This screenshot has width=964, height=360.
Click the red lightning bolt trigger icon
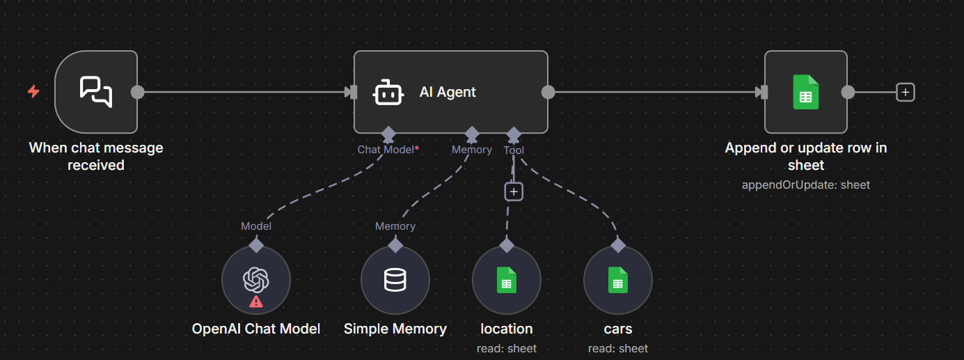(x=33, y=91)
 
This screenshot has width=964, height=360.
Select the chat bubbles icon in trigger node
(x=96, y=92)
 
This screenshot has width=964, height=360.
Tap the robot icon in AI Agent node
(x=388, y=92)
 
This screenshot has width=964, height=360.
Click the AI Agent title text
(x=448, y=92)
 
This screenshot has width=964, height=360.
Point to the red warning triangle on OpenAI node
(x=256, y=302)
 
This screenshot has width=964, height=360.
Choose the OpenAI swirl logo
(x=255, y=280)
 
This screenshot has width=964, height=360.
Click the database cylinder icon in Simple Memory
(x=395, y=280)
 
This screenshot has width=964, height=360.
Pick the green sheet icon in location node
(x=507, y=280)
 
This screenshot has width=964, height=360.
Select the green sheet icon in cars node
(x=617, y=280)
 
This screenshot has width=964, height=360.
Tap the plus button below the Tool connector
(x=514, y=191)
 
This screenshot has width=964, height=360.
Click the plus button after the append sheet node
(x=905, y=92)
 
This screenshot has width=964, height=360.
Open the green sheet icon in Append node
(x=806, y=92)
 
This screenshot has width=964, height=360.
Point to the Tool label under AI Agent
(x=514, y=150)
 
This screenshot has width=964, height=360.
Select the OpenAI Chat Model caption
(x=256, y=329)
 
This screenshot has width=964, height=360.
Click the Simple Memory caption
(x=395, y=329)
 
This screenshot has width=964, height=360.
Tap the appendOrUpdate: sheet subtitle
(x=806, y=185)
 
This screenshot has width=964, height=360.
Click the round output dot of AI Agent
(x=548, y=92)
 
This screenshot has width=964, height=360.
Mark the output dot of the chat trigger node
(x=138, y=92)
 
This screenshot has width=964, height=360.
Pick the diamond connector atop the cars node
(x=618, y=245)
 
